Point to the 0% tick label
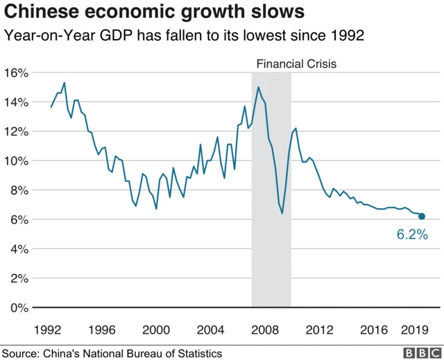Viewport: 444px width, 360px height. [x=19, y=307]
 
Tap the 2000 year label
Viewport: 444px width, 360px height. [x=156, y=329]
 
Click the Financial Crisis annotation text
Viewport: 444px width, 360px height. [x=296, y=64]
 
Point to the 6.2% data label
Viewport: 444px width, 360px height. [x=412, y=235]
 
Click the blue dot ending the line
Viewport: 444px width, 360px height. [x=422, y=216]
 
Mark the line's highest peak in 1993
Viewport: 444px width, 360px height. [x=65, y=83]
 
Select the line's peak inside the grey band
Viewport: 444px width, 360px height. [x=258, y=87]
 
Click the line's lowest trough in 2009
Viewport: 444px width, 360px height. [x=282, y=213]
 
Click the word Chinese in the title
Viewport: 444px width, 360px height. [x=35, y=12]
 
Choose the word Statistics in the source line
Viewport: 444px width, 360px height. [x=198, y=352]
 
